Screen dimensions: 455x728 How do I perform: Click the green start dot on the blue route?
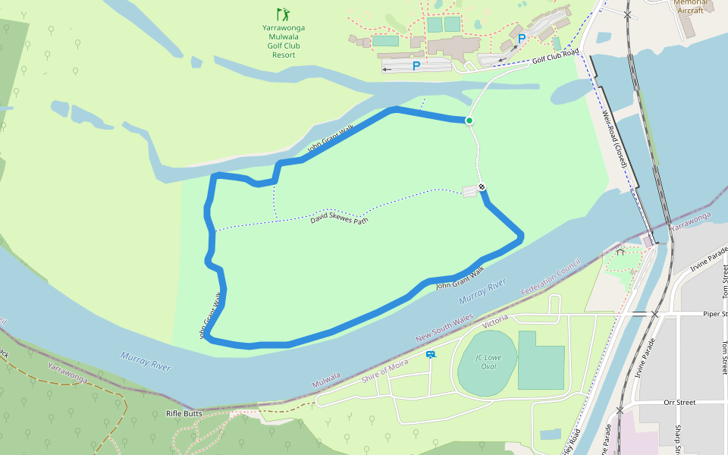pos(469,121)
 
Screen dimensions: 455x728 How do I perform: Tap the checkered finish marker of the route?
pos(482,187)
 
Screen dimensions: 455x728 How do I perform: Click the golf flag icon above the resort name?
pos(283,14)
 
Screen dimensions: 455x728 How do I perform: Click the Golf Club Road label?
pos(555,56)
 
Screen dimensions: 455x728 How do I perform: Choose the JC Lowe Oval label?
pos(488,362)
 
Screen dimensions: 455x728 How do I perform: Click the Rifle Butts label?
pos(184,414)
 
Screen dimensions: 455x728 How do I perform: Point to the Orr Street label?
pos(679,403)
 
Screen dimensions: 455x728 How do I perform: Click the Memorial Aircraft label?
pos(690,6)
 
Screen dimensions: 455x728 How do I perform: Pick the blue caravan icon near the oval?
pos(431,354)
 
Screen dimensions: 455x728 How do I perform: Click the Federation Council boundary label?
pos(551,278)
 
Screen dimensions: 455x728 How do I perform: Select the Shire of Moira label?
pos(384,368)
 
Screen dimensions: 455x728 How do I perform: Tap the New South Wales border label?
pos(444,328)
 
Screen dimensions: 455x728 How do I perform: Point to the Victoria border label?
pos(495,320)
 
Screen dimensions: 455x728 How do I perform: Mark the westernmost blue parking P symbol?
pos(416,66)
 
